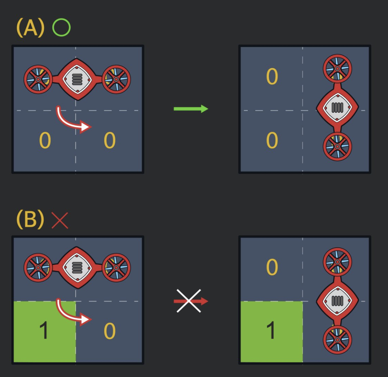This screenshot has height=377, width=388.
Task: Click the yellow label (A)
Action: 30,28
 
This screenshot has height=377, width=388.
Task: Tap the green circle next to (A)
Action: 61,28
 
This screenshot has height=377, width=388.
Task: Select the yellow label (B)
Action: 30,220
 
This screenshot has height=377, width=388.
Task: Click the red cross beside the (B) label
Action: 60,220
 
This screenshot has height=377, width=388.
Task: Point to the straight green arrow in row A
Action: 191,109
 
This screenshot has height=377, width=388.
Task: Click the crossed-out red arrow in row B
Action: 191,301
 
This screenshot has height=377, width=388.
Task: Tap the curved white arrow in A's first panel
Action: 73,120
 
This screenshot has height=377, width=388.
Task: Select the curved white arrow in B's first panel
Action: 73,312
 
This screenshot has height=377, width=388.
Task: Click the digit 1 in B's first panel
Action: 44,331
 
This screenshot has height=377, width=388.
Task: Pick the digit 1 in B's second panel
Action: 271,331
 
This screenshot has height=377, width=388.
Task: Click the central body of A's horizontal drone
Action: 77,79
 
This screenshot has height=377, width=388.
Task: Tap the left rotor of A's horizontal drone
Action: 38,80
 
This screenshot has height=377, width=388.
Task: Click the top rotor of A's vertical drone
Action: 337,69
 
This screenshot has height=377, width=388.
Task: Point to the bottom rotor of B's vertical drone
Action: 337,340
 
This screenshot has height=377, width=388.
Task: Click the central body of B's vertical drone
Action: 337,301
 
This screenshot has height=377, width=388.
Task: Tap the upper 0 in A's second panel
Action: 272,77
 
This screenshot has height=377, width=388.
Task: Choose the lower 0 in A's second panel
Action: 272,140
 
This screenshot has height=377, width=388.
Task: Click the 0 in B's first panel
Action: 109,331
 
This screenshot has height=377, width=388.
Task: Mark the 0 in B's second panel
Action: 272,267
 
